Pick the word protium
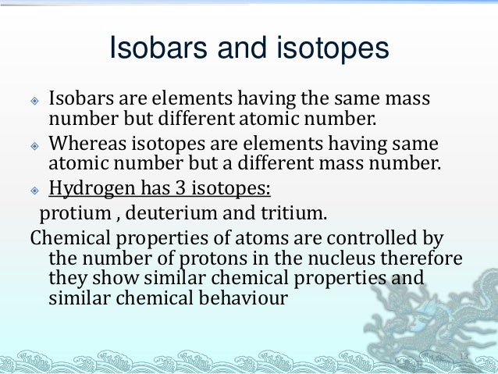(x=72, y=212)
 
